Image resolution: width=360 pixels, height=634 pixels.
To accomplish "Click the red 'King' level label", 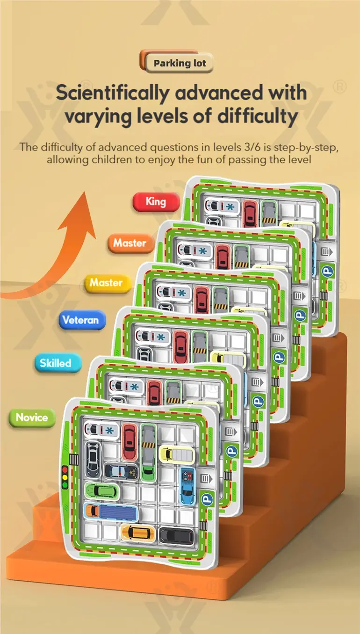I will pyautogui.click(x=156, y=202).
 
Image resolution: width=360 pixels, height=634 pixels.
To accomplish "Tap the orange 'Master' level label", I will pyautogui.click(x=130, y=243).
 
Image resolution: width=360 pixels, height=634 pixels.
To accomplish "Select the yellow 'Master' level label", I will pyautogui.click(x=107, y=283).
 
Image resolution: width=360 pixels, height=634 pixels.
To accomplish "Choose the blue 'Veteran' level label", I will pyautogui.click(x=81, y=320).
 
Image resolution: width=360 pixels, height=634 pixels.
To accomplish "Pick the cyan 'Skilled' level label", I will pyautogui.click(x=56, y=363).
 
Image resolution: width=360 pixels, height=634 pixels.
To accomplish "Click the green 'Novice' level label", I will pyautogui.click(x=32, y=418).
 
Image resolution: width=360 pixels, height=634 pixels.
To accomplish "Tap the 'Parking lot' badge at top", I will pyautogui.click(x=180, y=63).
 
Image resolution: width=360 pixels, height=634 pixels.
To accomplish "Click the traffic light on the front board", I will pyautogui.click(x=65, y=476).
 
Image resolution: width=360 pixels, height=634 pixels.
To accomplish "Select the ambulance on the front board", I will pyautogui.click(x=100, y=429).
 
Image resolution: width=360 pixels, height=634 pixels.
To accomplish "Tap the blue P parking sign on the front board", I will pyautogui.click(x=208, y=499).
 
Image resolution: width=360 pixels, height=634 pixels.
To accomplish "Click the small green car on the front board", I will pyautogui.click(x=102, y=491).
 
